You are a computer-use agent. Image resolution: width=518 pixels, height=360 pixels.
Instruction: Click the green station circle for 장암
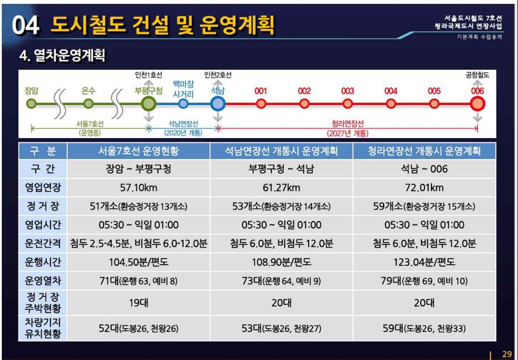pos(31,103)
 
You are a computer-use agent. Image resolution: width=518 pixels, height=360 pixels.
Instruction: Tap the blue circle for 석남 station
pos(218,104)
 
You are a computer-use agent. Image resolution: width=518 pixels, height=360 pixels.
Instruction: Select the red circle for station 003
pos(347,104)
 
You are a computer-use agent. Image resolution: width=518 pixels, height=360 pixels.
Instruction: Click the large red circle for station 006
pos(478,104)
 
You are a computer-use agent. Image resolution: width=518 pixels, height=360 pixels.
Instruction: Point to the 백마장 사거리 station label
pos(183,89)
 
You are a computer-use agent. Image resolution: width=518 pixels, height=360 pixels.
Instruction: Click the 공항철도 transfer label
pos(478,75)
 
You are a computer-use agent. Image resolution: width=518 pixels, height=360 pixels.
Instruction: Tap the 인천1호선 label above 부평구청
pos(149,75)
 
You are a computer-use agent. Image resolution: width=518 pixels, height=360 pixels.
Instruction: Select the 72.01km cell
pos(424,188)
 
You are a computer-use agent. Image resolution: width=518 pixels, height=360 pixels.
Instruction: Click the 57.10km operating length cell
pos(139,188)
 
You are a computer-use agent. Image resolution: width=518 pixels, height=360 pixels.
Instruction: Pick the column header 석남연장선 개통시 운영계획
pos(281,151)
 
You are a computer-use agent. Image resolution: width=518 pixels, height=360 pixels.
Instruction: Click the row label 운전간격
pos(43,244)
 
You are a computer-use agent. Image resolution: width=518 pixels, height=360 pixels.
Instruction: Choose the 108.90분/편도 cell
pos(281,262)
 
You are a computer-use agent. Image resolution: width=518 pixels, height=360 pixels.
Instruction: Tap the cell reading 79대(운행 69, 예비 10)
pos(424,281)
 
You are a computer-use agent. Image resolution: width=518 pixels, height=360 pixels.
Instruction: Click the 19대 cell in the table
pos(139,302)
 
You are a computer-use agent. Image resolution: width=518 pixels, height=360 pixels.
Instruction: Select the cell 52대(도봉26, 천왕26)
pos(139,328)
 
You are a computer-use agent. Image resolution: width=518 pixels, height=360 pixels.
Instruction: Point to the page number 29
pos(507,354)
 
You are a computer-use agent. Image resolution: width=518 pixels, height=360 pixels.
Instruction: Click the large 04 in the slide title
pos(26,25)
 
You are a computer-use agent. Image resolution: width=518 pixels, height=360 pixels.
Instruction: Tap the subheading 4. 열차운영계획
pos(62,55)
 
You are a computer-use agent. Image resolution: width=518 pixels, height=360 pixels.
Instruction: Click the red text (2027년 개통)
pos(348,134)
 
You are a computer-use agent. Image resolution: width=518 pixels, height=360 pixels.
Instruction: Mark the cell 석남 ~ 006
pos(424,169)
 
